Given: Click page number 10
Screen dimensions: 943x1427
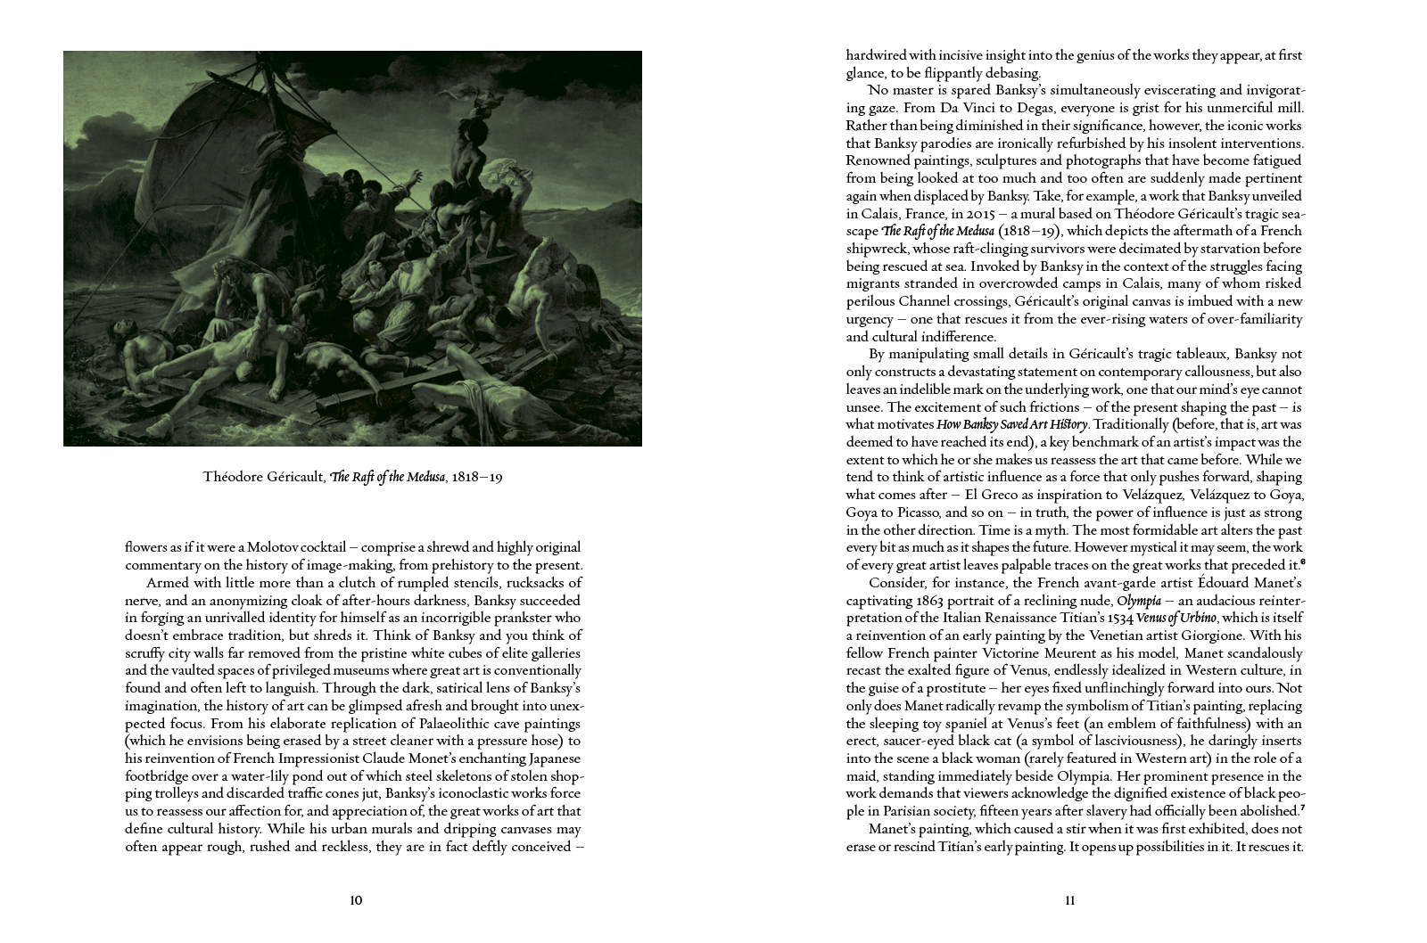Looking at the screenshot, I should coord(356,900).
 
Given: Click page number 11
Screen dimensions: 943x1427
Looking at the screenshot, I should coord(1070,900).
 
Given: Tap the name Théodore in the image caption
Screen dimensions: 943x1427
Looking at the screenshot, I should coord(233,477).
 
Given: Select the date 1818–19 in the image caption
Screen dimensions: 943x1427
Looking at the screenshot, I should coord(477,477).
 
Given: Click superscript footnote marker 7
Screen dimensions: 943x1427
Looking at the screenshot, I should coord(1302,808).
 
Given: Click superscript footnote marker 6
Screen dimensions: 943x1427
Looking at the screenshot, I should coord(1302,562).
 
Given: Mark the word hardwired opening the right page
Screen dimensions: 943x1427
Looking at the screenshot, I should coord(876,55).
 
